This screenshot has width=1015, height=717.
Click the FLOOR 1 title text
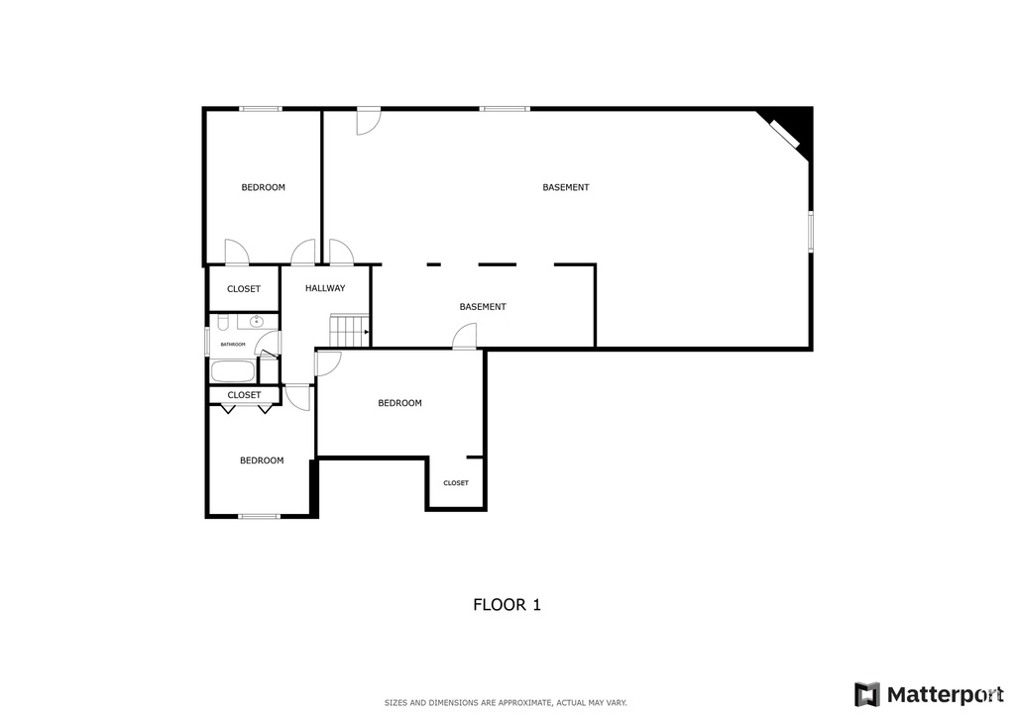(x=507, y=604)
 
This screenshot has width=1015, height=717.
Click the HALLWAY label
(x=325, y=288)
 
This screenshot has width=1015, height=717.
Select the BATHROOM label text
(x=233, y=344)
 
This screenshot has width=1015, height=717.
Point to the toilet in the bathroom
(x=224, y=322)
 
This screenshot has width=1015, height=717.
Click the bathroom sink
(x=256, y=322)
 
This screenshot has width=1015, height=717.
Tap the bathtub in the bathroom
(x=233, y=371)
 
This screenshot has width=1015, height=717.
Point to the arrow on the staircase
(x=367, y=332)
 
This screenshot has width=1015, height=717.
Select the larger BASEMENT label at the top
(x=566, y=187)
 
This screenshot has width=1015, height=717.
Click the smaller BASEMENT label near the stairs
(x=483, y=307)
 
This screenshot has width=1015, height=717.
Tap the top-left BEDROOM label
(x=264, y=187)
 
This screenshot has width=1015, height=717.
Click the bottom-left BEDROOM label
(x=262, y=461)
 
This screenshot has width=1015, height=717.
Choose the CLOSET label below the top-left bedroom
(x=244, y=289)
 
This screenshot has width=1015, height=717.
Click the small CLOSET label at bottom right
(x=456, y=483)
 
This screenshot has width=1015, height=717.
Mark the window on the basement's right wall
(x=810, y=231)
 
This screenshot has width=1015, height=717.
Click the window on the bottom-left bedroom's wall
(x=260, y=516)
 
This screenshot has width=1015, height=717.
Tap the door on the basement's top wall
(x=368, y=120)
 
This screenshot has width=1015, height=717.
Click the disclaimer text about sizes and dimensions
(x=506, y=703)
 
